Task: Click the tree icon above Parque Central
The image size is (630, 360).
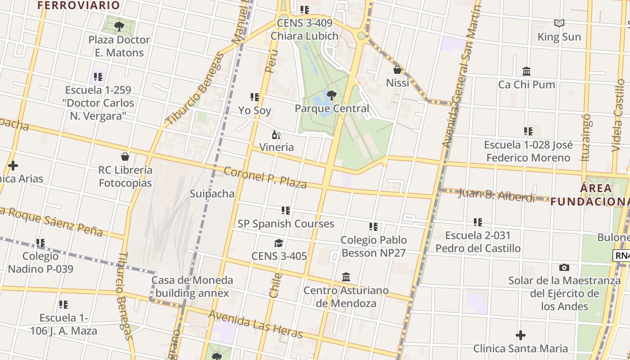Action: (x=332, y=95)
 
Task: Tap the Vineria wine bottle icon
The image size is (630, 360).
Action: (x=276, y=135)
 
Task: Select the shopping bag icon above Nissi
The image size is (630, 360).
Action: (x=397, y=70)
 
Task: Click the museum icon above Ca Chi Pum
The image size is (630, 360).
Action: (x=526, y=71)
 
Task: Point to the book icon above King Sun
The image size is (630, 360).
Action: (x=559, y=23)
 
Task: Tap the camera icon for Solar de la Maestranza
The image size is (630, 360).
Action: (x=564, y=267)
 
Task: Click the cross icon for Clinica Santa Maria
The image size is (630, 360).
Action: (x=521, y=335)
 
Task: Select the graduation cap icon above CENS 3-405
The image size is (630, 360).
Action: (x=279, y=243)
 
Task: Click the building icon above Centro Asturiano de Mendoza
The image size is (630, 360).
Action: (x=346, y=277)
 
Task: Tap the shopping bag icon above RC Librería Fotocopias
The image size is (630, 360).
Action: (x=125, y=157)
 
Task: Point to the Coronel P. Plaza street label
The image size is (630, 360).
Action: (x=265, y=178)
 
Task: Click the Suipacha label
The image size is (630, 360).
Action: (x=212, y=193)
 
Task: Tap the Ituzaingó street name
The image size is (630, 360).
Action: (x=585, y=137)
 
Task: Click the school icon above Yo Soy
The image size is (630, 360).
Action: (x=255, y=97)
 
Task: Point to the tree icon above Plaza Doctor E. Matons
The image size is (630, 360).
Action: (x=119, y=27)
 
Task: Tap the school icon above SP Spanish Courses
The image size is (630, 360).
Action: (x=286, y=210)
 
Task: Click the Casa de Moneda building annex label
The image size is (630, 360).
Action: (x=192, y=287)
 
